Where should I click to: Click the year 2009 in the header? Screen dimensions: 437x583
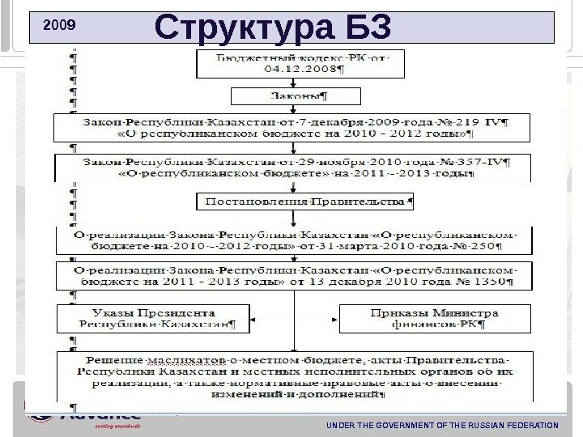coord(58,25)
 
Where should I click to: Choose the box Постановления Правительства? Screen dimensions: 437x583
coord(304,199)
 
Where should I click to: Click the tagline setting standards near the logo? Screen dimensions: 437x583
coord(118,425)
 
